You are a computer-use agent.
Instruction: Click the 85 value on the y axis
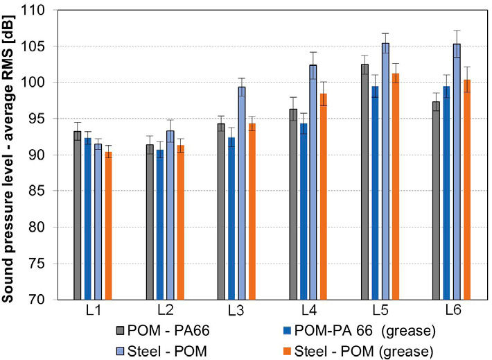53,191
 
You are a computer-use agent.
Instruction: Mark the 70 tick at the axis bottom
53,300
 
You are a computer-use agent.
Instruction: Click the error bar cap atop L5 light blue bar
385,33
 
